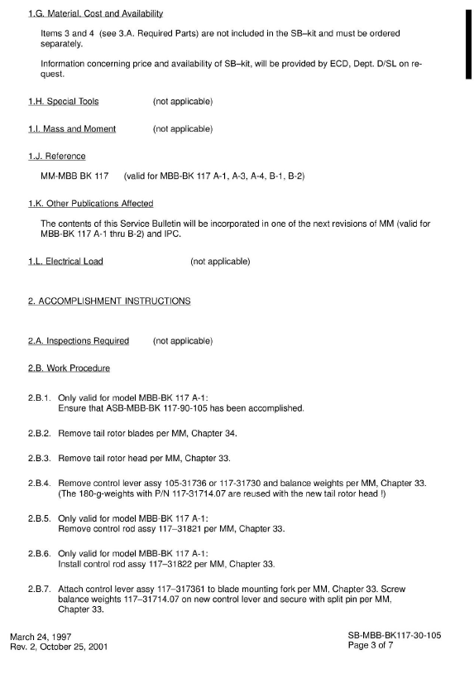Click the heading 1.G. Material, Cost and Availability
[95, 14]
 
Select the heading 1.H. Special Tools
[63, 102]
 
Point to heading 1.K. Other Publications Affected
[90, 204]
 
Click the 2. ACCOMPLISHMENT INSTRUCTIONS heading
[109, 301]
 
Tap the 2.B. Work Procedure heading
[69, 368]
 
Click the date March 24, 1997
[41, 636]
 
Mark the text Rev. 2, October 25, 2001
[58, 647]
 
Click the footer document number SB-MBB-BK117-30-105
[395, 636]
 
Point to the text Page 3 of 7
[419, 647]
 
